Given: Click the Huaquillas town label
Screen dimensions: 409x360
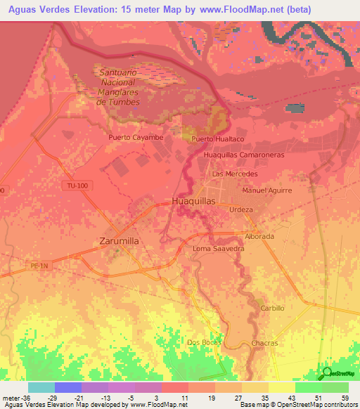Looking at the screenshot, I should pyautogui.click(x=194, y=201).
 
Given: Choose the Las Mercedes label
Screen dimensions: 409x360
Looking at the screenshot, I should pyautogui.click(x=235, y=174).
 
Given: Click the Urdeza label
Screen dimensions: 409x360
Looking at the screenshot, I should pyautogui.click(x=240, y=209).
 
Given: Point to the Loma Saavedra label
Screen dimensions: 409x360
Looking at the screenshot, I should pyautogui.click(x=219, y=249).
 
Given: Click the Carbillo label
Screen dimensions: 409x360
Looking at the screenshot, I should pyautogui.click(x=272, y=309).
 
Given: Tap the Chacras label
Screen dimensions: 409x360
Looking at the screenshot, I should pyautogui.click(x=264, y=343).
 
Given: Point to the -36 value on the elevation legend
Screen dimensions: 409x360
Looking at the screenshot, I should pyautogui.click(x=15, y=397).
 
